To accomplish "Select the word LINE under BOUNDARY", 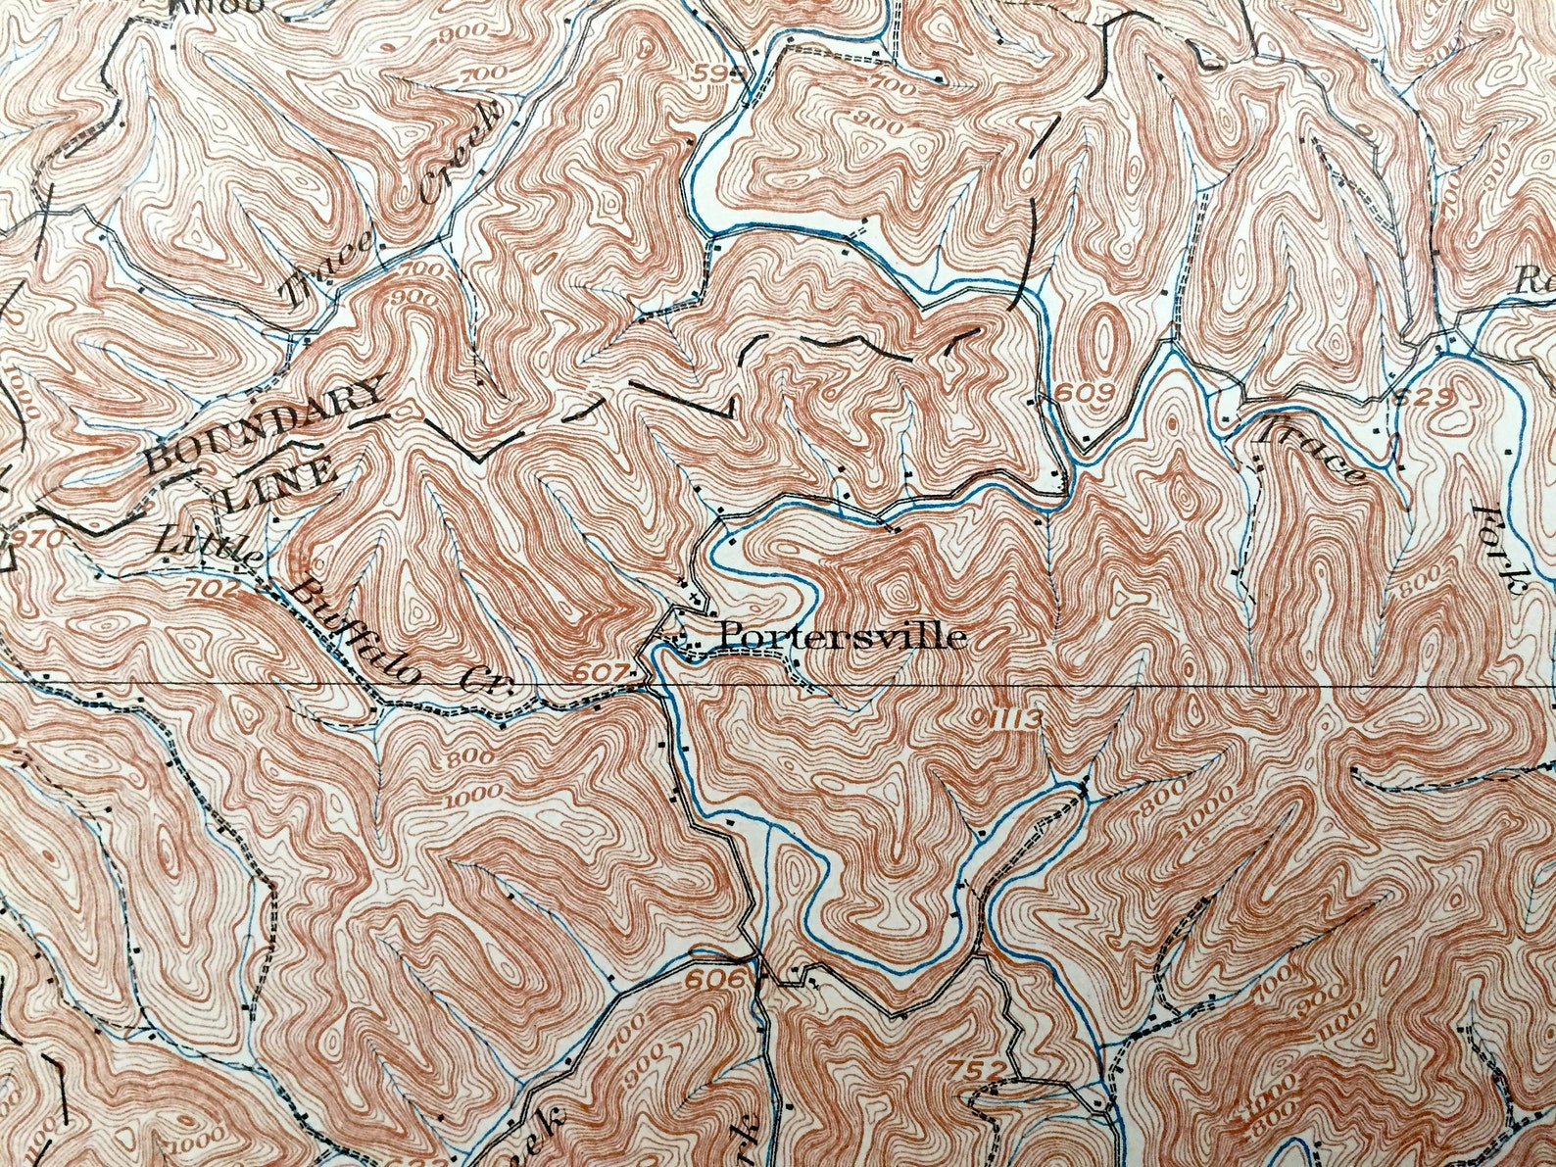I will tap(281, 486).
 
